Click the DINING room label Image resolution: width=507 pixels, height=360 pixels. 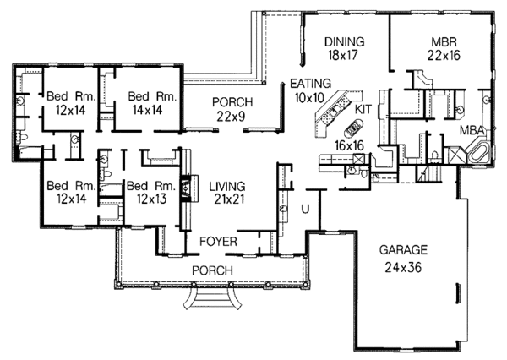(343, 41)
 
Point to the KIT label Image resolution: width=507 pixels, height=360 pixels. (363, 110)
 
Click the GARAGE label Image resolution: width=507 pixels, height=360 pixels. (404, 250)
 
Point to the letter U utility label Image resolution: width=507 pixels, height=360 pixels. (294, 206)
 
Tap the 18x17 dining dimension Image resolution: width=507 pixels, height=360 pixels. (343, 57)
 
